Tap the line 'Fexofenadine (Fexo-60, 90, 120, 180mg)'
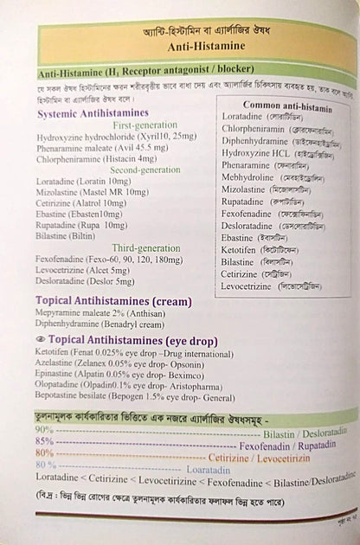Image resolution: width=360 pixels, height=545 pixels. click(108, 258)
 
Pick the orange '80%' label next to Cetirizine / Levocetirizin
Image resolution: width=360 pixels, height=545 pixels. click(44, 452)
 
